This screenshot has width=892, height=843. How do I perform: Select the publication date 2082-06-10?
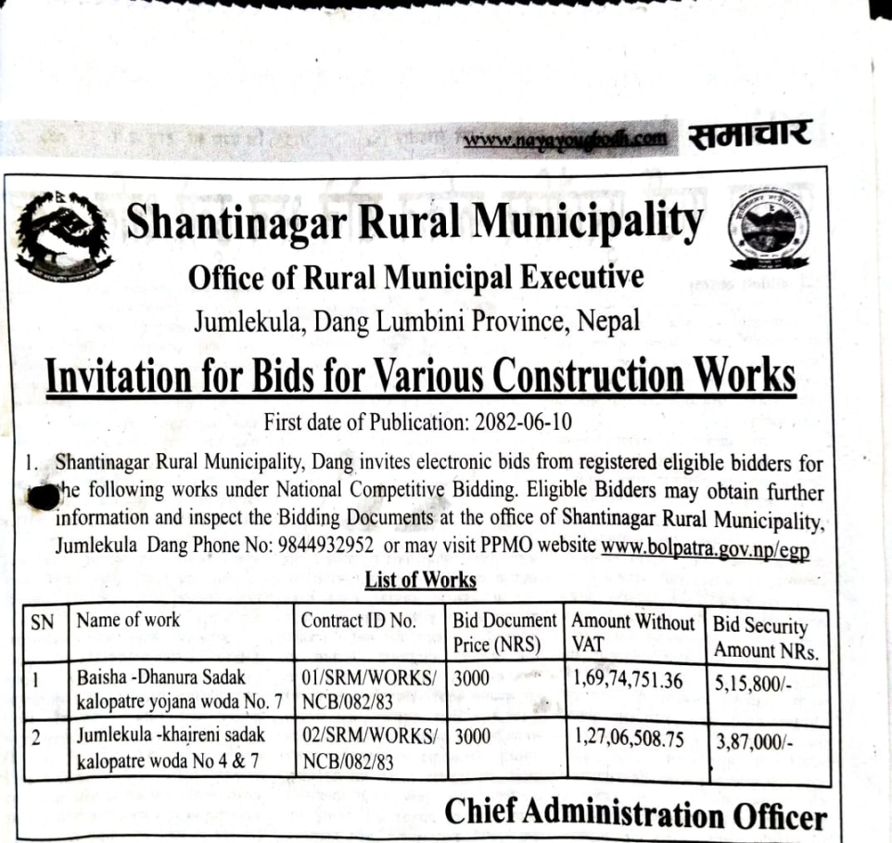point(523,421)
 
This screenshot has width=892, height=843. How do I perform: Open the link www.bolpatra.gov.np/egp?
point(705,546)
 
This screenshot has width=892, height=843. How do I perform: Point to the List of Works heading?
point(420,581)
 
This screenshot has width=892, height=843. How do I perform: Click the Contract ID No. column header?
point(358,621)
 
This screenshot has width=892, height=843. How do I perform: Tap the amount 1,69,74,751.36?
point(629,681)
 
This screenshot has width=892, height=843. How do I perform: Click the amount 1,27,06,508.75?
point(629,738)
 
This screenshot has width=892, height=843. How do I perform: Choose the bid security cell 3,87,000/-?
point(755,742)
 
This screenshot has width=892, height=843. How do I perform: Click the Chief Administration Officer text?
point(635,814)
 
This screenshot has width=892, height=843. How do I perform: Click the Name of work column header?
point(128,621)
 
